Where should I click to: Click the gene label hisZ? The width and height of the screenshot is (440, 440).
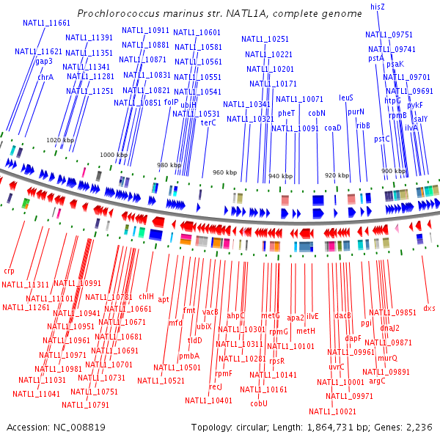[378, 6]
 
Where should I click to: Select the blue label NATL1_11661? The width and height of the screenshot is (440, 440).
[47, 23]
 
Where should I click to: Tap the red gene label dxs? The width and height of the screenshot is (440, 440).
[429, 308]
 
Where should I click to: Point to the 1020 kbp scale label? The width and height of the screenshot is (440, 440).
[59, 139]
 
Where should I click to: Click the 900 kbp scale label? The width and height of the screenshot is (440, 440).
[394, 171]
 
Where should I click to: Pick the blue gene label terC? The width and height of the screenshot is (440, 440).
[208, 123]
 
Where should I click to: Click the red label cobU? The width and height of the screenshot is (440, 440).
[259, 403]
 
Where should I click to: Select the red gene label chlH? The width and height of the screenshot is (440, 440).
[146, 296]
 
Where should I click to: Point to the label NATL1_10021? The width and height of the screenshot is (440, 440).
[333, 411]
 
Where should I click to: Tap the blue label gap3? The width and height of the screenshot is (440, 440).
[43, 62]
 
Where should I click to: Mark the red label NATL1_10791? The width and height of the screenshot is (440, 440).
[86, 404]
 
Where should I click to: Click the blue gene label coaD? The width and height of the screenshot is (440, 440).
[333, 128]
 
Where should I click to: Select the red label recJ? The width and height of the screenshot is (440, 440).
[215, 386]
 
